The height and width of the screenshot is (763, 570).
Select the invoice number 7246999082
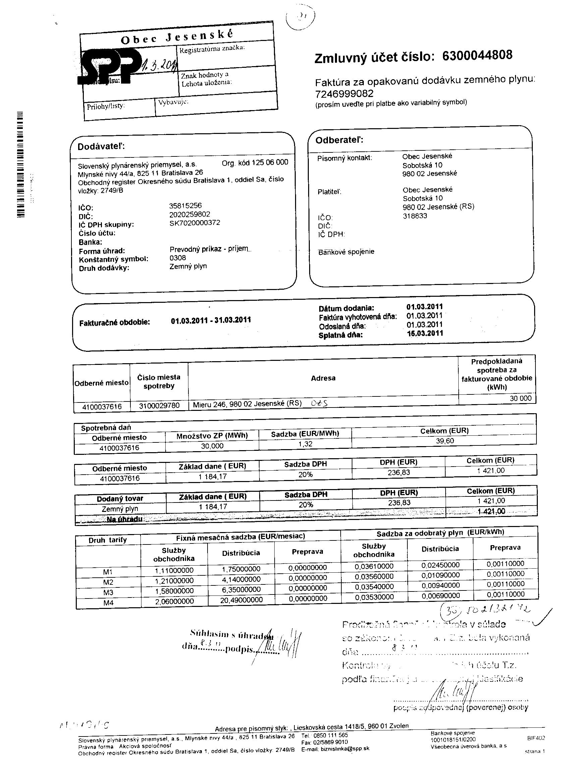344,93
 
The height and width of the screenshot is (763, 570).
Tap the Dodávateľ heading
101,147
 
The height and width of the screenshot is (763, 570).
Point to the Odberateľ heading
339,140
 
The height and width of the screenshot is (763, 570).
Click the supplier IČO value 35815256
185,205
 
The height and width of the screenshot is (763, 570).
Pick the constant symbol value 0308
177,258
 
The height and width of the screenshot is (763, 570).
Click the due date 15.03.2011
424,333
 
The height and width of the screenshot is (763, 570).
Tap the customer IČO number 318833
415,216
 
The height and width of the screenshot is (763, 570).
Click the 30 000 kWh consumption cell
520,398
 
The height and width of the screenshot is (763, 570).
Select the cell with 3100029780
159,406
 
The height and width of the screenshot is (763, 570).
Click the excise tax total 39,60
445,441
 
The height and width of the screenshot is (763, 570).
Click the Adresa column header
323,378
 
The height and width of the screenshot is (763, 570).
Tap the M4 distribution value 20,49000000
241,600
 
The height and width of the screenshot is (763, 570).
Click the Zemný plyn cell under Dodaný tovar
120,509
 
